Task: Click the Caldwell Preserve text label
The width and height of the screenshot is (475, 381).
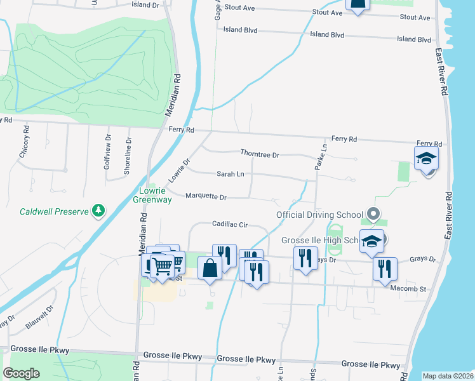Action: [53, 212]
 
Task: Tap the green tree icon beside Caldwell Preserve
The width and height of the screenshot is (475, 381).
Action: [98, 210]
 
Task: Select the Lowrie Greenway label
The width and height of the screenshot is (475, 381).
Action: [152, 195]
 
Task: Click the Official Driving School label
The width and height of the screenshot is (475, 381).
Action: [319, 215]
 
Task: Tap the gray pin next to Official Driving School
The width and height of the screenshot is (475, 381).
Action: [374, 215]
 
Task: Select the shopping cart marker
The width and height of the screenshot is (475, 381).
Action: [163, 265]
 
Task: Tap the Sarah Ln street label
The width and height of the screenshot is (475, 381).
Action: [231, 173]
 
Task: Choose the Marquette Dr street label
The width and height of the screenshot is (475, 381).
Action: [206, 197]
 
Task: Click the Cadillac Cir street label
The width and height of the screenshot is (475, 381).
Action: [229, 225]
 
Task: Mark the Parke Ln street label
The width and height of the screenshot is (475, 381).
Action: [320, 157]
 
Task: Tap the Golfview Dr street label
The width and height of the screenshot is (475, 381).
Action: [108, 149]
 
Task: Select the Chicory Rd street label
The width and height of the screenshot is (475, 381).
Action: [24, 145]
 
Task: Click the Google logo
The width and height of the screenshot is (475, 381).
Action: [22, 373]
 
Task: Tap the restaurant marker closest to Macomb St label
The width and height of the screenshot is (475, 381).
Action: [384, 269]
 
